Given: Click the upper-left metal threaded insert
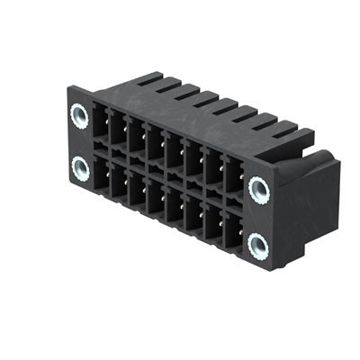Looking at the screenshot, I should pos(79,114).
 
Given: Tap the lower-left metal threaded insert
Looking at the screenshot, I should pos(80,167).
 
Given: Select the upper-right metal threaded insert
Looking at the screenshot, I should pos(259,189).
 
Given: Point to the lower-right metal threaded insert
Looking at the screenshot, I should pos(259,243).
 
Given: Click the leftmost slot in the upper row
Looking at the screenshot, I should pos(98,122).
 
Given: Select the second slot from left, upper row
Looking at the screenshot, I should pos(117,130).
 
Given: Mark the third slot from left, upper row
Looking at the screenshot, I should pos(136,137).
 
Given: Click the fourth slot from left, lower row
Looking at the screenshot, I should pos(155,197).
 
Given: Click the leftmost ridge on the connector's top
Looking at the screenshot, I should pos(150,78).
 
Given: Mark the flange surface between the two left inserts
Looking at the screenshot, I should pos(79,141).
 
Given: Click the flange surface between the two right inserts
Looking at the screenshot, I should pos(260,216).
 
